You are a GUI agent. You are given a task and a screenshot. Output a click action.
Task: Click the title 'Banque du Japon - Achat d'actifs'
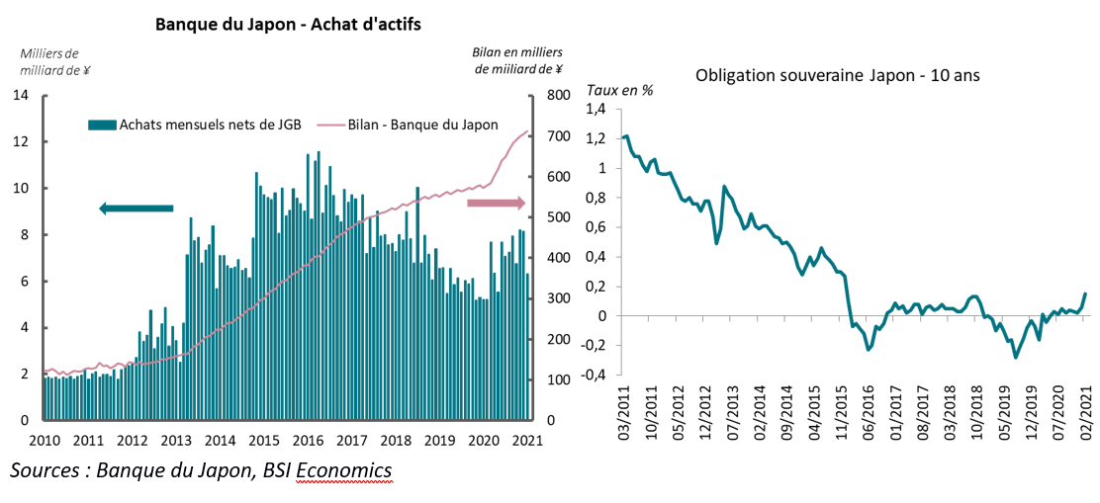tap(289, 25)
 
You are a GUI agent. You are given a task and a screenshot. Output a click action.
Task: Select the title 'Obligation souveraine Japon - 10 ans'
tap(837, 75)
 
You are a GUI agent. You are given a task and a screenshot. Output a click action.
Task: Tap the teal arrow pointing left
tap(137, 208)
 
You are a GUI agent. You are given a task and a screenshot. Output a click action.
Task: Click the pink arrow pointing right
tap(496, 203)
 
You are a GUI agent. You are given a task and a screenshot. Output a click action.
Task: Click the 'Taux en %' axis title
tap(620, 90)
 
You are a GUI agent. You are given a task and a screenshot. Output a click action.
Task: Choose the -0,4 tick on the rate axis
tap(593, 376)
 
